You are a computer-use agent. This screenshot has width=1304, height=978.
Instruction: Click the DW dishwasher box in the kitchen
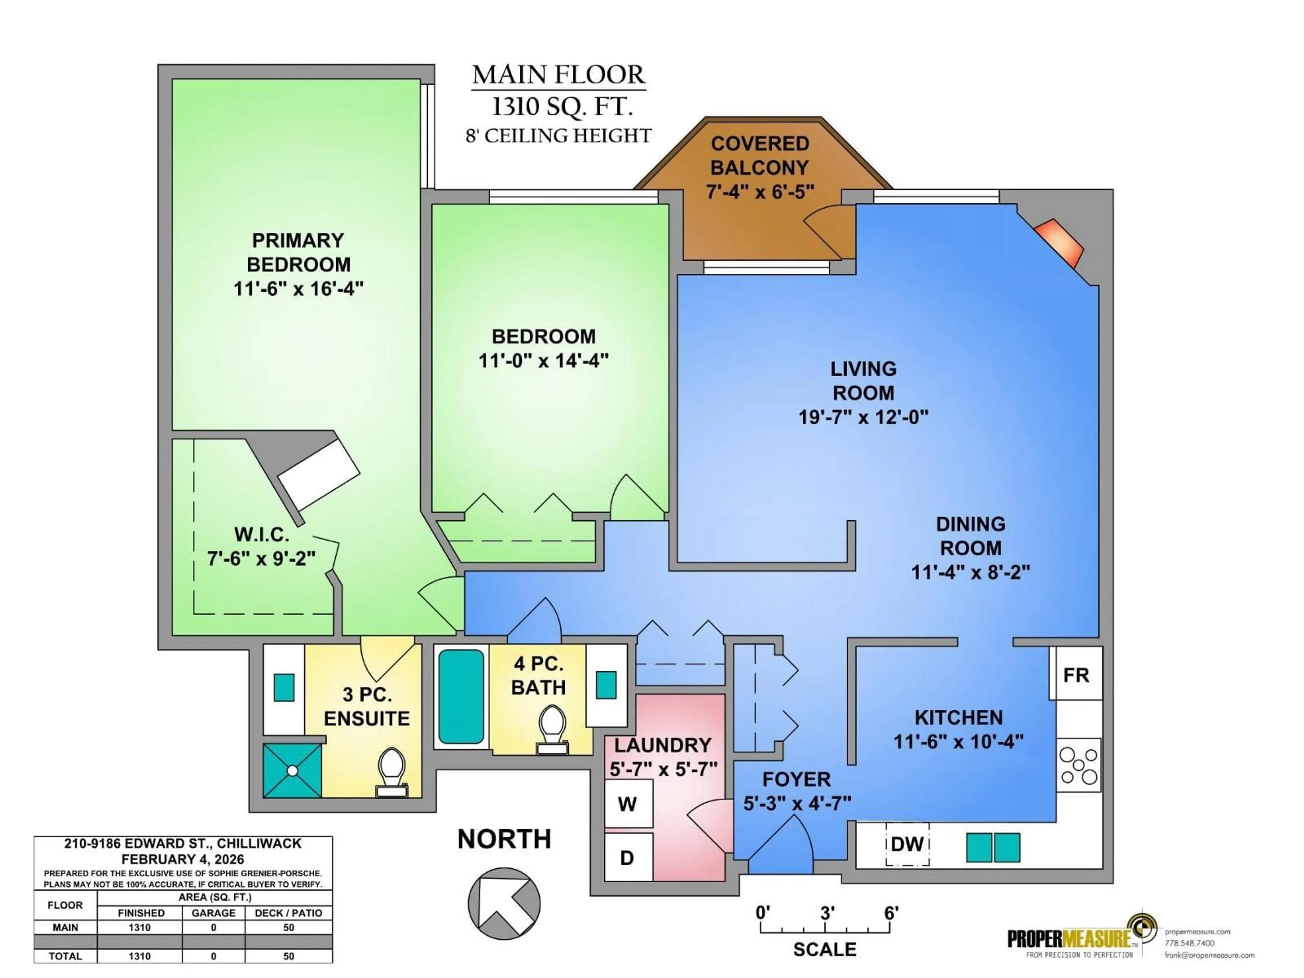pos(907,844)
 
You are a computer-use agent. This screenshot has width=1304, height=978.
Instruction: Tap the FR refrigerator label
pos(1076,675)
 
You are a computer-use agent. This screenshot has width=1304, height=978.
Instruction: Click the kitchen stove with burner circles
pos(1079,765)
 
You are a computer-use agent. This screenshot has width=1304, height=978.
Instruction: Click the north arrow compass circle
pos(504,904)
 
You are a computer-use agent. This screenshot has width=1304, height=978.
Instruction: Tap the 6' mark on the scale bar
pos(891,913)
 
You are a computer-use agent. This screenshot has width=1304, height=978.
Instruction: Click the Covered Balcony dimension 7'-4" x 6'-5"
pos(760,192)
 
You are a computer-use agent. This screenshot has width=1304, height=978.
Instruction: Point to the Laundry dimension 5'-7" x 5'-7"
pos(663,769)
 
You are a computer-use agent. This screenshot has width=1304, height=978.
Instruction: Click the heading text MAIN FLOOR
pos(558,75)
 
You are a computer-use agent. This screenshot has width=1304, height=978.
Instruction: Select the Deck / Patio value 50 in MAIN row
pos(288,927)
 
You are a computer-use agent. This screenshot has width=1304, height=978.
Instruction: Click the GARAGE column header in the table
pos(213,912)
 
